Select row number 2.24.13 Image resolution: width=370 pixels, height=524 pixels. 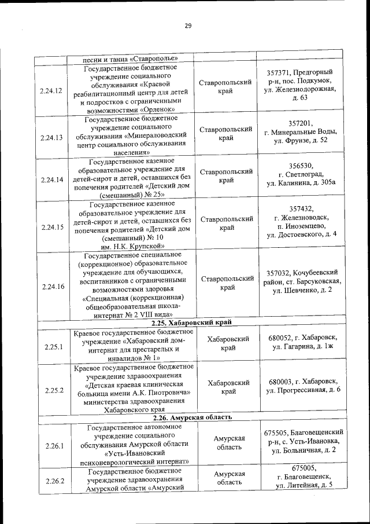point(52,137)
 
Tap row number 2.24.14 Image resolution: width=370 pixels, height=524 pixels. point(52,179)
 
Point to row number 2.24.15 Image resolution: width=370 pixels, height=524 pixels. point(52,226)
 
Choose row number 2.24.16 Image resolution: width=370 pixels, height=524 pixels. point(52,286)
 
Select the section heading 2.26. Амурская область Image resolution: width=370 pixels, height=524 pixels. point(192,417)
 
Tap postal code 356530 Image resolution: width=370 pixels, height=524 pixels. point(301,165)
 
